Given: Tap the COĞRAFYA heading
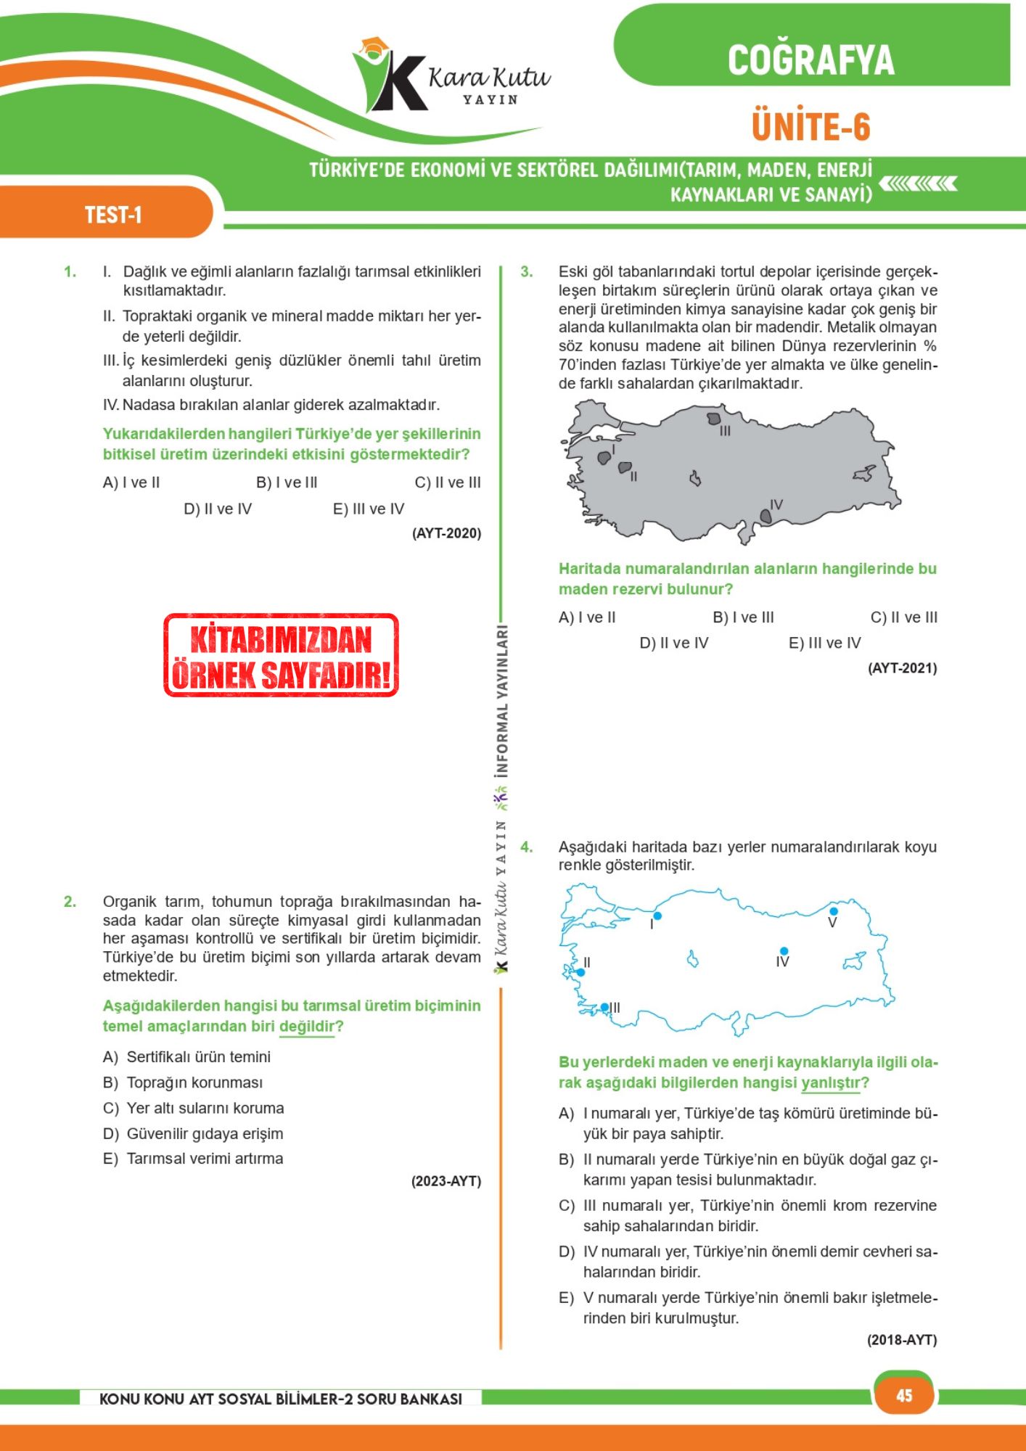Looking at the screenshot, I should (x=810, y=60).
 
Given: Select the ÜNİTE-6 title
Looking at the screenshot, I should (x=810, y=127).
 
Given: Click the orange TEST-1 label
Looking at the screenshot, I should (x=112, y=215).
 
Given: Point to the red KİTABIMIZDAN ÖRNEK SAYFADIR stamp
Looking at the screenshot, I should (x=282, y=656).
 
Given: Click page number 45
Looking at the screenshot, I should (x=904, y=1395).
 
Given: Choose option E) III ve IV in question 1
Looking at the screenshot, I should (x=369, y=509).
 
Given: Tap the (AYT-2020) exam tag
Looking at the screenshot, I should (x=446, y=533).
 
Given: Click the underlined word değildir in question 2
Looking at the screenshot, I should (x=307, y=1026).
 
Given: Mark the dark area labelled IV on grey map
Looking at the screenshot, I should (x=766, y=516).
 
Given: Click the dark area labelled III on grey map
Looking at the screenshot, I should (x=714, y=419).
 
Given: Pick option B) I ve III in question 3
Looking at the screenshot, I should (x=743, y=617).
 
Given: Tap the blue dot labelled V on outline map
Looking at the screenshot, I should (x=834, y=911).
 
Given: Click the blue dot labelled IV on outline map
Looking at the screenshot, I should (x=784, y=950).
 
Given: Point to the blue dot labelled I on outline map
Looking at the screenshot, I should (x=657, y=916).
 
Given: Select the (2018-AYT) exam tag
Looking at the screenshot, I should (x=902, y=1340).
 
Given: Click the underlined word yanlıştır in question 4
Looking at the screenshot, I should (x=831, y=1082).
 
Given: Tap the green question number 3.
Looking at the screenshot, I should (x=526, y=272).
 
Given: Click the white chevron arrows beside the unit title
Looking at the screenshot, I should (x=919, y=184).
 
